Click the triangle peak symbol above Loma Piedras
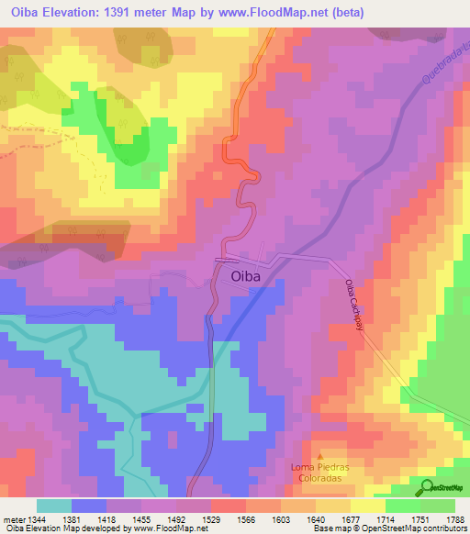[x=320, y=456]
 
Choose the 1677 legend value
[x=352, y=518]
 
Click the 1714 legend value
[x=386, y=518]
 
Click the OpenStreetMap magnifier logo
[x=428, y=488]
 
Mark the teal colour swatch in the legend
[x=53, y=506]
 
